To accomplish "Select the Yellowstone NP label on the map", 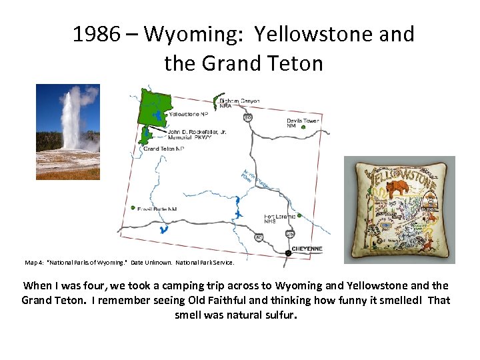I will tap(187, 114).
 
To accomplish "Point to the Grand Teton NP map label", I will tap(163, 149).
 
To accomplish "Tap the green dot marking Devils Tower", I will tap(303, 127).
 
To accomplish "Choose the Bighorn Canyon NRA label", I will tap(239, 103).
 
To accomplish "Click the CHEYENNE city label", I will tap(307, 249).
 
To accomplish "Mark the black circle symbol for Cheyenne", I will tap(288, 253).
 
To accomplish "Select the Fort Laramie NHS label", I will tap(279, 219).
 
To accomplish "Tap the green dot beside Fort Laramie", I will tap(299, 215).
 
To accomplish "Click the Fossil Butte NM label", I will tap(157, 209).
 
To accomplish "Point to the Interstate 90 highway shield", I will tap(247, 117).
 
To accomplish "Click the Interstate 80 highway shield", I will tap(258, 237).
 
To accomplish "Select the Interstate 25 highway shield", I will tap(289, 234).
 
